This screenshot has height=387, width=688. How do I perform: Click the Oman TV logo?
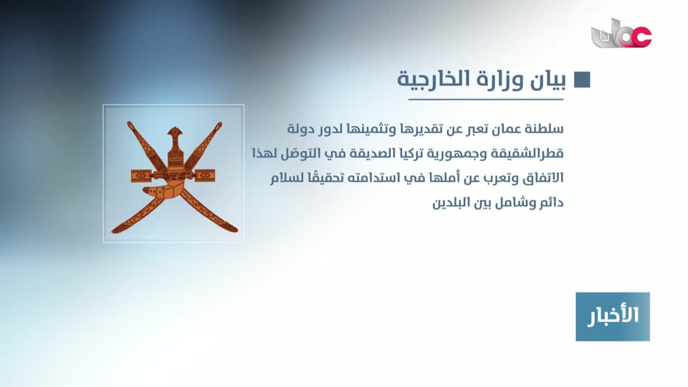621,34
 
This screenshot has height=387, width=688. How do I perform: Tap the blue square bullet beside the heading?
582,80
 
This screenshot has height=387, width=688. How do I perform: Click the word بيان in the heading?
548,80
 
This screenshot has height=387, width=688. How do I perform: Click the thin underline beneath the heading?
486,100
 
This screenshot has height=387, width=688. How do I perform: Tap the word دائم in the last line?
553,203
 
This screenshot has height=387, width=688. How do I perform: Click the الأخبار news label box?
613,316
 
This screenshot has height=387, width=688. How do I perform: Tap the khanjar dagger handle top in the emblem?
175,132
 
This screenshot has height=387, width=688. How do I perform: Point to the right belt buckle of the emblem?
205,176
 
